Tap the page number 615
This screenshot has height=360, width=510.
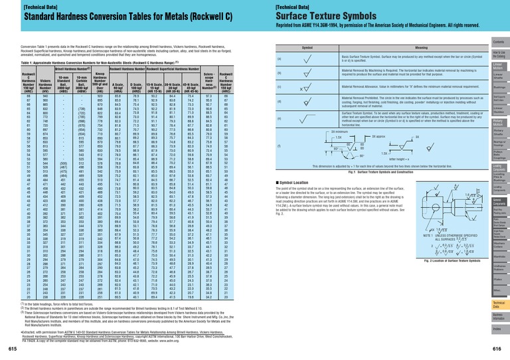13,347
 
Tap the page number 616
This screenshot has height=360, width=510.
498,347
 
